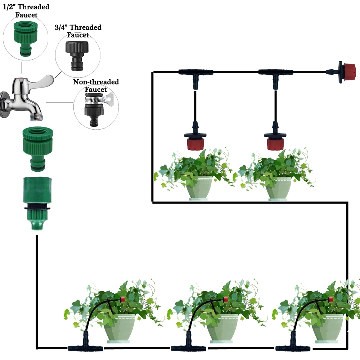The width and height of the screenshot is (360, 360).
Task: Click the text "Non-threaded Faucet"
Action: point(96,85)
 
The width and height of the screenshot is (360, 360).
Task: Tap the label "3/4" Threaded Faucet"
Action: point(78,31)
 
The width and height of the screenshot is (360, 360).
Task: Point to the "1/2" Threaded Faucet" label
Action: point(26,11)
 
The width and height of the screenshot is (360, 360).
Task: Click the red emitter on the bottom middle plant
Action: point(225,299)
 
